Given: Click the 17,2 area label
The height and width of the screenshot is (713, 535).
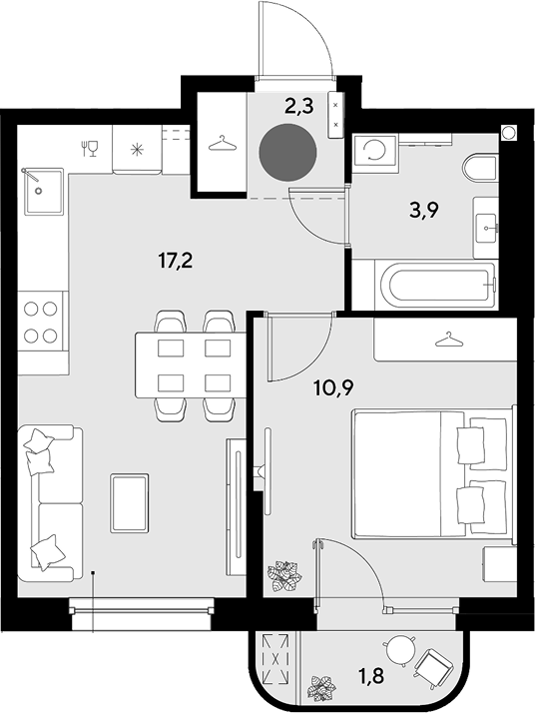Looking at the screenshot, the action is [x=176, y=261].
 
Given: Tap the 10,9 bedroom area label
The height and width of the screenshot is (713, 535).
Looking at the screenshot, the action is [x=333, y=387].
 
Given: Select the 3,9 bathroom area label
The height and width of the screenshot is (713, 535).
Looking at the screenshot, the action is [x=423, y=210].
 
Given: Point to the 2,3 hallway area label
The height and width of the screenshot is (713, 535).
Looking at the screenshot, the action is [x=299, y=107].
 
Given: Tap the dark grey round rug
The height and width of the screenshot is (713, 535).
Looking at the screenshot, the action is [x=287, y=152].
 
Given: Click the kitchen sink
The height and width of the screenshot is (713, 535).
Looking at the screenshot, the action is [x=43, y=191].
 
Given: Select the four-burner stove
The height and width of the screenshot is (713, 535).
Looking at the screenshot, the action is [x=41, y=322].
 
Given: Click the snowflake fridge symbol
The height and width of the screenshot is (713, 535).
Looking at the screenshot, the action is [x=137, y=150].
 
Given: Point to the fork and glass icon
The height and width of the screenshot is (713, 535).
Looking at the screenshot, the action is [x=90, y=149].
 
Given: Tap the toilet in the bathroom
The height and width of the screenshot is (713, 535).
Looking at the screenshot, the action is [x=480, y=168].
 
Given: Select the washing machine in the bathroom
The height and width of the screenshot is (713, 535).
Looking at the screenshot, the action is [x=375, y=153].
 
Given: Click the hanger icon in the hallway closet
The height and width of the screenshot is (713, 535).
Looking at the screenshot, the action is [x=223, y=143].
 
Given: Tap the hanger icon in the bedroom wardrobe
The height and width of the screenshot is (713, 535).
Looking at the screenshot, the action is [x=449, y=340].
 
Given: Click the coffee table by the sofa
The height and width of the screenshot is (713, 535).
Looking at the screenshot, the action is [x=130, y=503].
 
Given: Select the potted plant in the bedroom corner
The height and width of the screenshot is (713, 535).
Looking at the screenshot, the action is [x=284, y=575].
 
